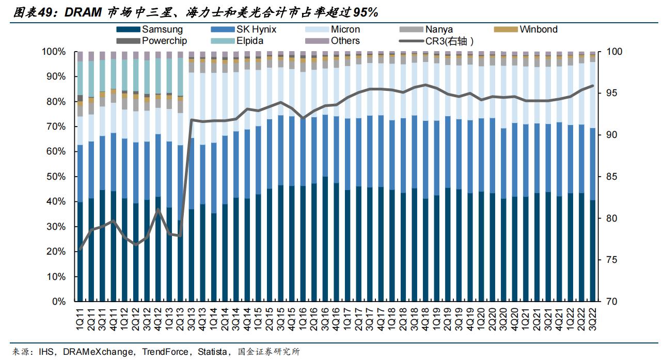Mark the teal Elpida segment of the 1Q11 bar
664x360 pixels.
click(x=80, y=77)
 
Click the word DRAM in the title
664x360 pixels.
click(x=84, y=12)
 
